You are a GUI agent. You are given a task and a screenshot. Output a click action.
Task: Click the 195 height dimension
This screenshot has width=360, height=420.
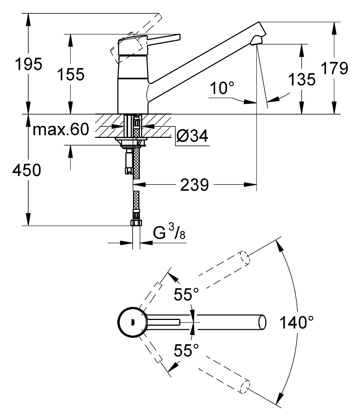click(x=28, y=64)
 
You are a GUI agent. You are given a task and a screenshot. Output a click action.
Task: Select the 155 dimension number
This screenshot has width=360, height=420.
click(x=71, y=74)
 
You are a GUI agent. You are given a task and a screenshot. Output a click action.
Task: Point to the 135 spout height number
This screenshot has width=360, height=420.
click(x=302, y=79)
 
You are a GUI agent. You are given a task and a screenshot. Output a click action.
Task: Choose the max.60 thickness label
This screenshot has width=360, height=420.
click(x=61, y=129)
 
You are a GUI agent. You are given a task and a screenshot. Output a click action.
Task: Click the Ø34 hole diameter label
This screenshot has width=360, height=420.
click(x=192, y=136)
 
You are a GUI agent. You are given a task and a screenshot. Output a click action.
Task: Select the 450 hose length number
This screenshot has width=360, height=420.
click(x=27, y=170)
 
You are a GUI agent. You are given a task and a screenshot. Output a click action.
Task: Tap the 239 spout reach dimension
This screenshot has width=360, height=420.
click(x=195, y=185)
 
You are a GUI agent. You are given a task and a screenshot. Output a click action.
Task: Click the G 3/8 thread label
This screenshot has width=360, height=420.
click(x=169, y=232)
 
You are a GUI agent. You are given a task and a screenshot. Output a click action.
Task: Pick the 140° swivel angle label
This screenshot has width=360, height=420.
click(x=297, y=322)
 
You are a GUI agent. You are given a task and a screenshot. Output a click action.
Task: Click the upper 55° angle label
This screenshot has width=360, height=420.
click(x=186, y=294)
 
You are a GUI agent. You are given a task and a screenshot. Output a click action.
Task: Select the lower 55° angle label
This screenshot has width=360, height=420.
click(x=186, y=350)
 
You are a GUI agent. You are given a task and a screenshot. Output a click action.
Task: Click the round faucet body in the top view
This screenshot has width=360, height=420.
click(x=132, y=322)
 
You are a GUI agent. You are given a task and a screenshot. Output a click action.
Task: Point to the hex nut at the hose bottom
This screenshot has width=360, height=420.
click(x=136, y=223)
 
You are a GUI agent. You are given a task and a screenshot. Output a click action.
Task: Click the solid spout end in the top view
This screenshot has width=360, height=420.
click(x=262, y=322)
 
